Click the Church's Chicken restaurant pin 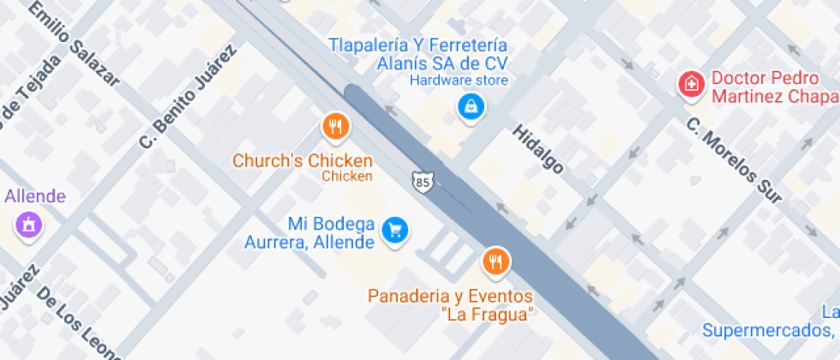pyautogui.click(x=336, y=127)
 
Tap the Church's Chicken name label pyautogui.click(x=303, y=160)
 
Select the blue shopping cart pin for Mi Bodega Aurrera pyautogui.click(x=394, y=230)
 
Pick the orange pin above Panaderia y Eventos pyautogui.click(x=495, y=260)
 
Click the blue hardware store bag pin pyautogui.click(x=471, y=107)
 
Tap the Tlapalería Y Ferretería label pyautogui.click(x=419, y=45)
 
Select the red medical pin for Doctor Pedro pyautogui.click(x=689, y=84)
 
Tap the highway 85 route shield pyautogui.click(x=423, y=182)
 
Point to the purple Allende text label pyautogui.click(x=35, y=196)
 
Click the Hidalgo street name pyautogui.click(x=537, y=149)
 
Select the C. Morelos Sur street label pyautogui.click(x=734, y=160)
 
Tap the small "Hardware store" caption pyautogui.click(x=459, y=81)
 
